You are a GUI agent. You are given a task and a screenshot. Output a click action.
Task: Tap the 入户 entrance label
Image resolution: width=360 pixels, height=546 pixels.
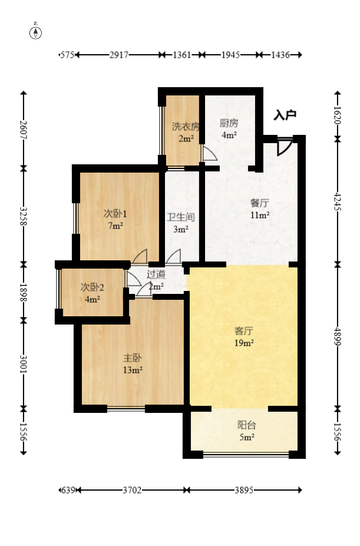[x=285, y=115]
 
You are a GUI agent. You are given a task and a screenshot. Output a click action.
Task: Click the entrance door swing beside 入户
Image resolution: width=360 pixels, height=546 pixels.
[x=285, y=147]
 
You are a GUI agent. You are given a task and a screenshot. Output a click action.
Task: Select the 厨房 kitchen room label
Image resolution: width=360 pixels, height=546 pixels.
[x=229, y=123]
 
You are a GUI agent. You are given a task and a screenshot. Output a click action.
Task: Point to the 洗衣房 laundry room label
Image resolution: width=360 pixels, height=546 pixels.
[x=186, y=127]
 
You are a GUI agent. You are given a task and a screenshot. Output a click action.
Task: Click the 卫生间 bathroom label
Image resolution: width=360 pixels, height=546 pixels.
[x=181, y=217]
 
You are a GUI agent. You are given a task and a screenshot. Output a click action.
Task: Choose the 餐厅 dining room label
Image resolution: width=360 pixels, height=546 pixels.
[x=260, y=203]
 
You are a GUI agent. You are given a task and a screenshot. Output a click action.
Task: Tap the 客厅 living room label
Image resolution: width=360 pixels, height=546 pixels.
[x=244, y=330]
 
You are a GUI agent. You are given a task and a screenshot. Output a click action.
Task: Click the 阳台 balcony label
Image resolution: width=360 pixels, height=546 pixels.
[x=247, y=425]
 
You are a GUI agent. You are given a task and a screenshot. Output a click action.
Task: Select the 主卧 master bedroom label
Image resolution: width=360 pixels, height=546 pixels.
[x=133, y=358]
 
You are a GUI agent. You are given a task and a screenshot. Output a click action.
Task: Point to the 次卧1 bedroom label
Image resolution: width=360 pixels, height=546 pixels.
[x=115, y=213]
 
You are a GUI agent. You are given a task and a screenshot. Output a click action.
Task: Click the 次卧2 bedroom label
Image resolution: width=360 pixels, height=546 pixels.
[x=93, y=287]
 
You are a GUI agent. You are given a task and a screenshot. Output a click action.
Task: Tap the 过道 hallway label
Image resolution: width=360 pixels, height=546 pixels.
[x=156, y=274]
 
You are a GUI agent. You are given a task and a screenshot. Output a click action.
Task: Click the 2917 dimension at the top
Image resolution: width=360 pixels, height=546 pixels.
[x=119, y=55]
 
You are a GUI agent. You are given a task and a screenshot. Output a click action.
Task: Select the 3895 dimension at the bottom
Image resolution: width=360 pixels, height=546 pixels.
[x=244, y=490]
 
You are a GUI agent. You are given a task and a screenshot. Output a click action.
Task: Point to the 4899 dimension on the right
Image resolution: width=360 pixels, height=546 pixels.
[x=338, y=336]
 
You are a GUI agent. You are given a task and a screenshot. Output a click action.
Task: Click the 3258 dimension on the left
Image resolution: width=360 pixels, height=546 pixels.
[x=24, y=216]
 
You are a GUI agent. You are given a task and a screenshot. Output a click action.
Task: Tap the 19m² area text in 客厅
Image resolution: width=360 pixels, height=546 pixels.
[x=244, y=343]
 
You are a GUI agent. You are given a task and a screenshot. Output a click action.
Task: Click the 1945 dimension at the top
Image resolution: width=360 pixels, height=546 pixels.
[x=230, y=55]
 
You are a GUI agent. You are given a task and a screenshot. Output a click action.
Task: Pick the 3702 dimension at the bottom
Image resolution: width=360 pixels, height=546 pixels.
[x=132, y=490]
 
